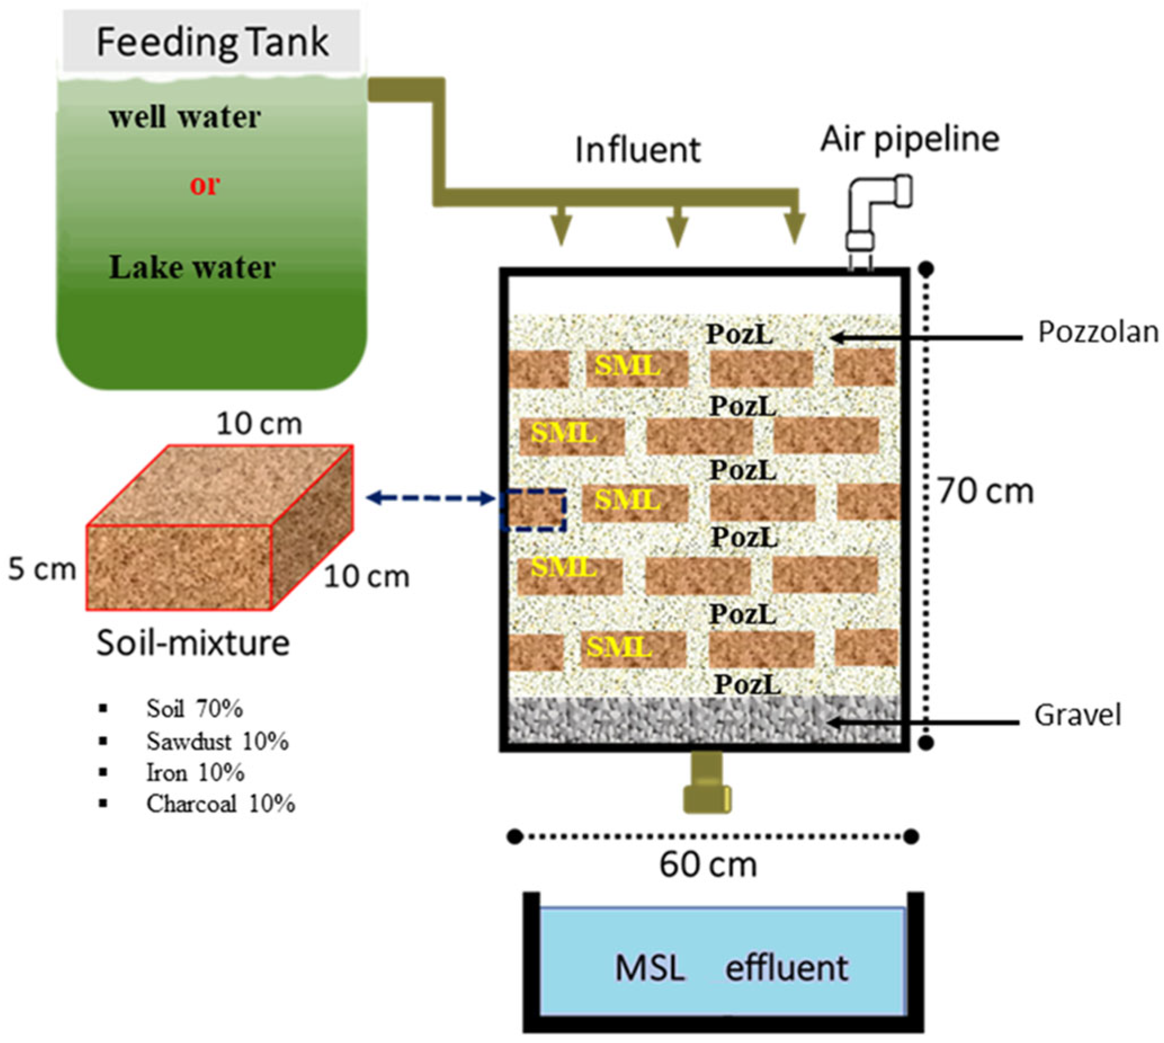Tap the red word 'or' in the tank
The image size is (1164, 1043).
[x=204, y=185]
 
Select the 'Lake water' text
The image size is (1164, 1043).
[x=192, y=267]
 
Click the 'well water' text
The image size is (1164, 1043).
[x=185, y=117]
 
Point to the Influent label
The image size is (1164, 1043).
[x=637, y=150]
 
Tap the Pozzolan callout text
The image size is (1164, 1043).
[x=1097, y=332]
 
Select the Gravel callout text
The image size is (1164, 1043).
[x=1077, y=715]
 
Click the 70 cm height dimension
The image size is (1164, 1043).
[x=985, y=492]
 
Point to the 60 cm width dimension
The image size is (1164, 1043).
[x=708, y=866]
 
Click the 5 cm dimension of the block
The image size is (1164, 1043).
[x=42, y=569]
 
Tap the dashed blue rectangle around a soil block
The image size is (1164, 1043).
[x=533, y=510]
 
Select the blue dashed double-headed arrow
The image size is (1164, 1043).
[x=431, y=498]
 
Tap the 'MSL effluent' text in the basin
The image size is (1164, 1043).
[x=731, y=969]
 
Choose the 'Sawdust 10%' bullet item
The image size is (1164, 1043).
[x=217, y=742]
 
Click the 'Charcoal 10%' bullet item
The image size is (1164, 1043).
[x=220, y=804]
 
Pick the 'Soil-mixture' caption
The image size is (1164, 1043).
[x=192, y=643]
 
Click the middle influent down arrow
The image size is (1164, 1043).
[x=678, y=228]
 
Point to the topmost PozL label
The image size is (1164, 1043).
[x=739, y=334]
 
